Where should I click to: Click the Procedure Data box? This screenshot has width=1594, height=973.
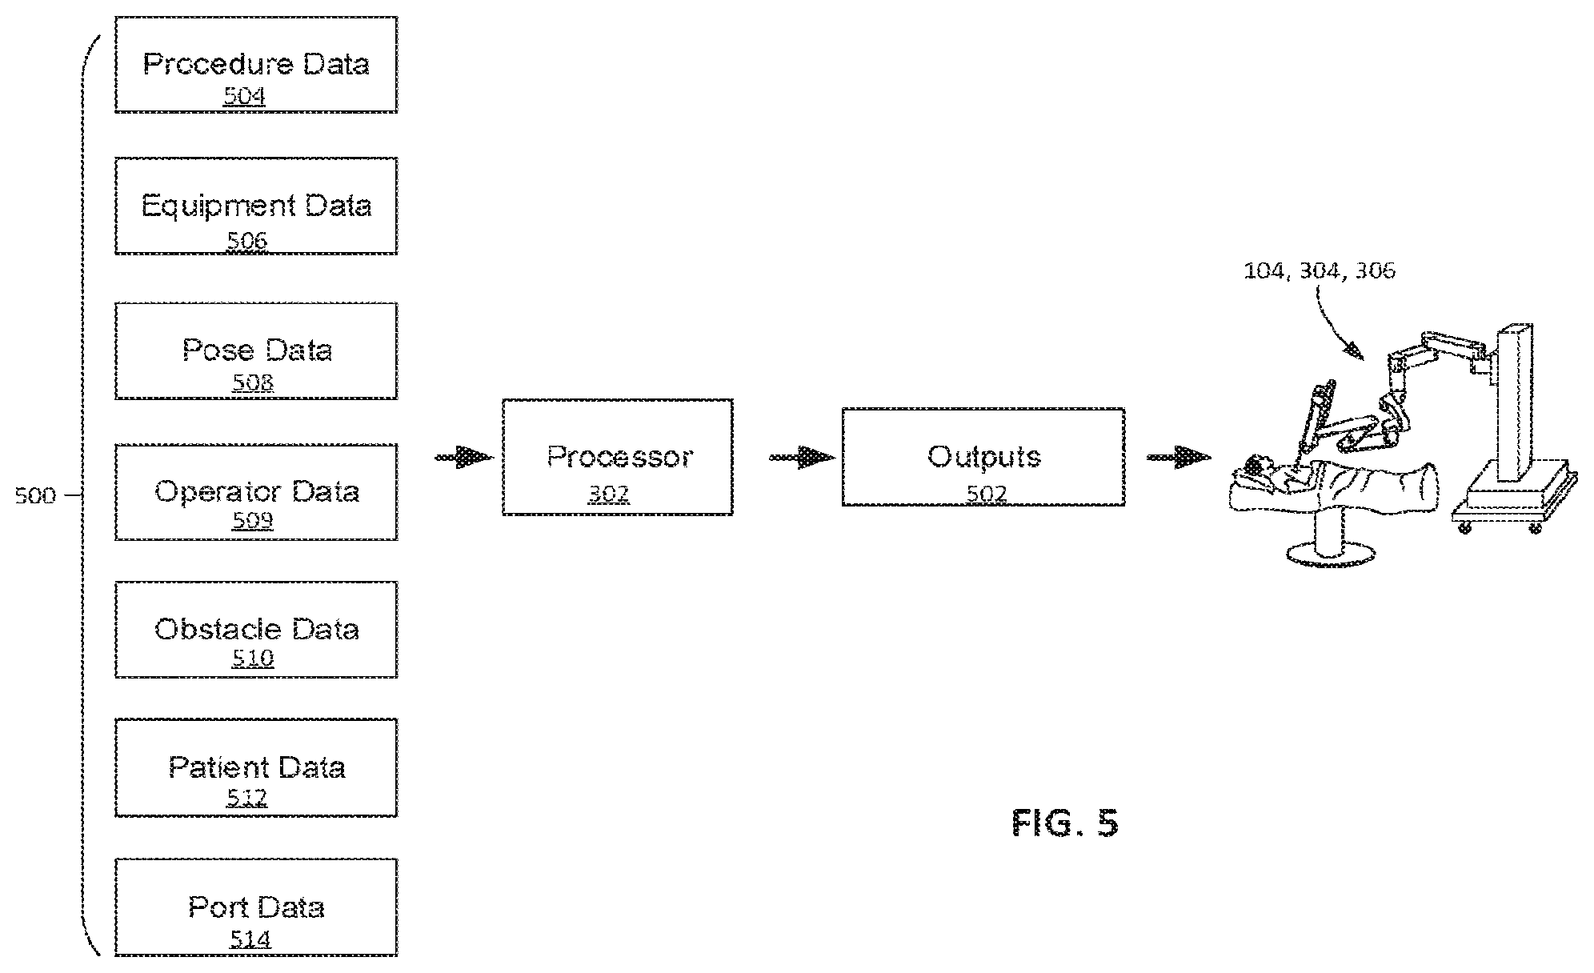point(256,65)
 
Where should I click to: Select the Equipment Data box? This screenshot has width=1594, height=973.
point(256,206)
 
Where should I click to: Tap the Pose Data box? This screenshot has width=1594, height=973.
point(256,350)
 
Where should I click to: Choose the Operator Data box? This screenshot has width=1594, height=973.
point(256,492)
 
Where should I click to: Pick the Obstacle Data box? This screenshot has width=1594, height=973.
point(256,630)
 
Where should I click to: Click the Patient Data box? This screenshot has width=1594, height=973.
point(256,767)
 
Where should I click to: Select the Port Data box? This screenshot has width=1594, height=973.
point(256,907)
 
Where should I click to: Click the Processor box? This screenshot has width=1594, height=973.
point(618,457)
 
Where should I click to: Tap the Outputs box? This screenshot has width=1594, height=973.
point(983,457)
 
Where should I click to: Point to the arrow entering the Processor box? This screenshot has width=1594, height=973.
point(463,458)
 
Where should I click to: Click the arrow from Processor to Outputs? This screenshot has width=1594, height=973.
point(802,458)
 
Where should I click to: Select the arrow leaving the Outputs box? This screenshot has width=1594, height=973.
point(1179,458)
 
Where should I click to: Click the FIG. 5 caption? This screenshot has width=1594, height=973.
point(1065,823)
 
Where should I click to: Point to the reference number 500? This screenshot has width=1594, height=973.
point(35,496)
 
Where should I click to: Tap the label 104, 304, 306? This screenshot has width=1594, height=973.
point(1320,270)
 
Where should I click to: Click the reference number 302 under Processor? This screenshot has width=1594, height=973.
point(609,494)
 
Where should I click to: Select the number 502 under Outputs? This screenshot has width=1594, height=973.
point(986,494)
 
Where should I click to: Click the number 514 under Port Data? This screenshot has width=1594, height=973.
point(250,939)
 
